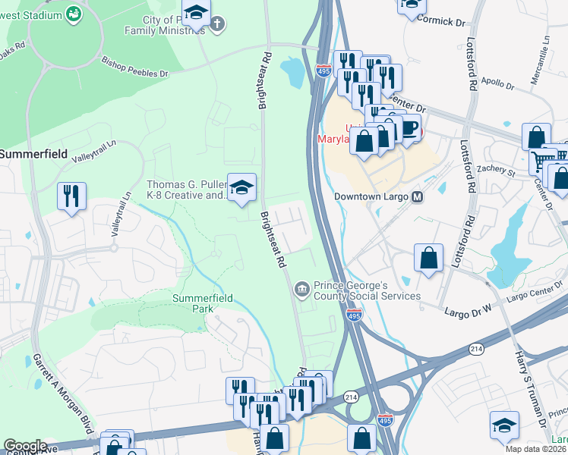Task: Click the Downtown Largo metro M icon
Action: (417, 196)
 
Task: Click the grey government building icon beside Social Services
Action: (301, 289)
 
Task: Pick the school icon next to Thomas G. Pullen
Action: (242, 187)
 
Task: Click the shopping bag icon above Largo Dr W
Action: (429, 256)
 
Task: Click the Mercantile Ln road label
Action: (547, 58)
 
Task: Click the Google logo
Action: (25, 445)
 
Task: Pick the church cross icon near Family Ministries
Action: (216, 24)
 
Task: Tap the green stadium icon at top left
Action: (74, 13)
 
